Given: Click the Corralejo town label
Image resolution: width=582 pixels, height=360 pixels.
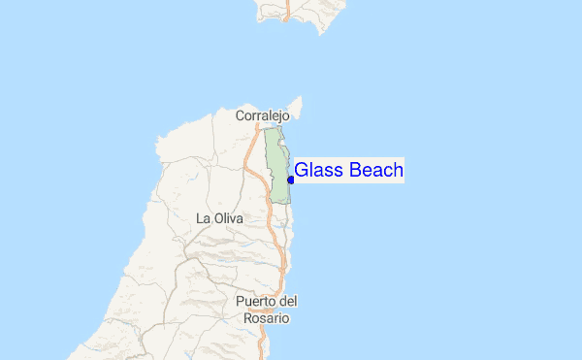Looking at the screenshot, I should (x=263, y=115).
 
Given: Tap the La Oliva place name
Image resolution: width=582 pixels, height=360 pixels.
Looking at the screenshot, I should (x=219, y=218).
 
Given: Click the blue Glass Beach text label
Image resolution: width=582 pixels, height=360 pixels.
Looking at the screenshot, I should (x=348, y=171).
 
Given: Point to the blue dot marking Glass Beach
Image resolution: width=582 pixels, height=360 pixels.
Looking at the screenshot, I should (x=291, y=180).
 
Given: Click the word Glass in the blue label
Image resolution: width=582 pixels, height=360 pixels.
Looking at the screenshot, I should (x=316, y=171).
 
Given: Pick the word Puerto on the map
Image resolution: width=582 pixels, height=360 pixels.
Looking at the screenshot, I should (x=255, y=301).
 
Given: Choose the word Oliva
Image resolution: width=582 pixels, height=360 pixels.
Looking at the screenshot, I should (x=228, y=218).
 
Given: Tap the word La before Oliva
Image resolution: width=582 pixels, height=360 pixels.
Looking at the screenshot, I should (x=203, y=218).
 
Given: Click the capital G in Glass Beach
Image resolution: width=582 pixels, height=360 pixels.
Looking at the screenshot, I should (x=301, y=171).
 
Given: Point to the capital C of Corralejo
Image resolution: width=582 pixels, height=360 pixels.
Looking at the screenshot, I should (x=240, y=115).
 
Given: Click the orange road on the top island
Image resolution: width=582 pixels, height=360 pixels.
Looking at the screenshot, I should (x=288, y=10).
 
